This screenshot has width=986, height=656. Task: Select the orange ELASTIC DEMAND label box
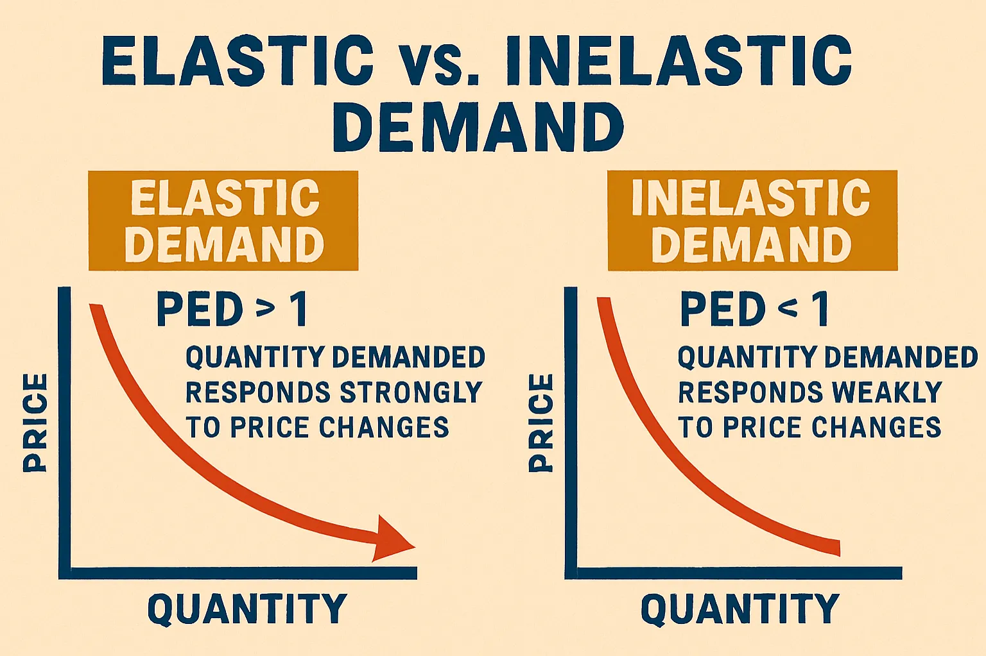pos(223,221)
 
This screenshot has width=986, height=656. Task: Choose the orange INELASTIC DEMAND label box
pos(752,221)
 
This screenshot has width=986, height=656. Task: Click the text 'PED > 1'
pos(232,310)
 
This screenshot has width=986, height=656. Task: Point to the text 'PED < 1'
pos(754,310)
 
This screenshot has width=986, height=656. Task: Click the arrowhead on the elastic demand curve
pos(393,539)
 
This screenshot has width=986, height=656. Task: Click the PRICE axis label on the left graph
pos(35,423)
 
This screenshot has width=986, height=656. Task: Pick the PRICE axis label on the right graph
pos(541,423)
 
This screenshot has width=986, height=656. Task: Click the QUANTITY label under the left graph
pos(247,609)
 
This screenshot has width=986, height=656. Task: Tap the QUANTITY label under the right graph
pos(740,609)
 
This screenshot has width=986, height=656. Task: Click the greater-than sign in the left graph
pos(265,310)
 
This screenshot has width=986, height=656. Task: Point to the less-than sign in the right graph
pos(788,310)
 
